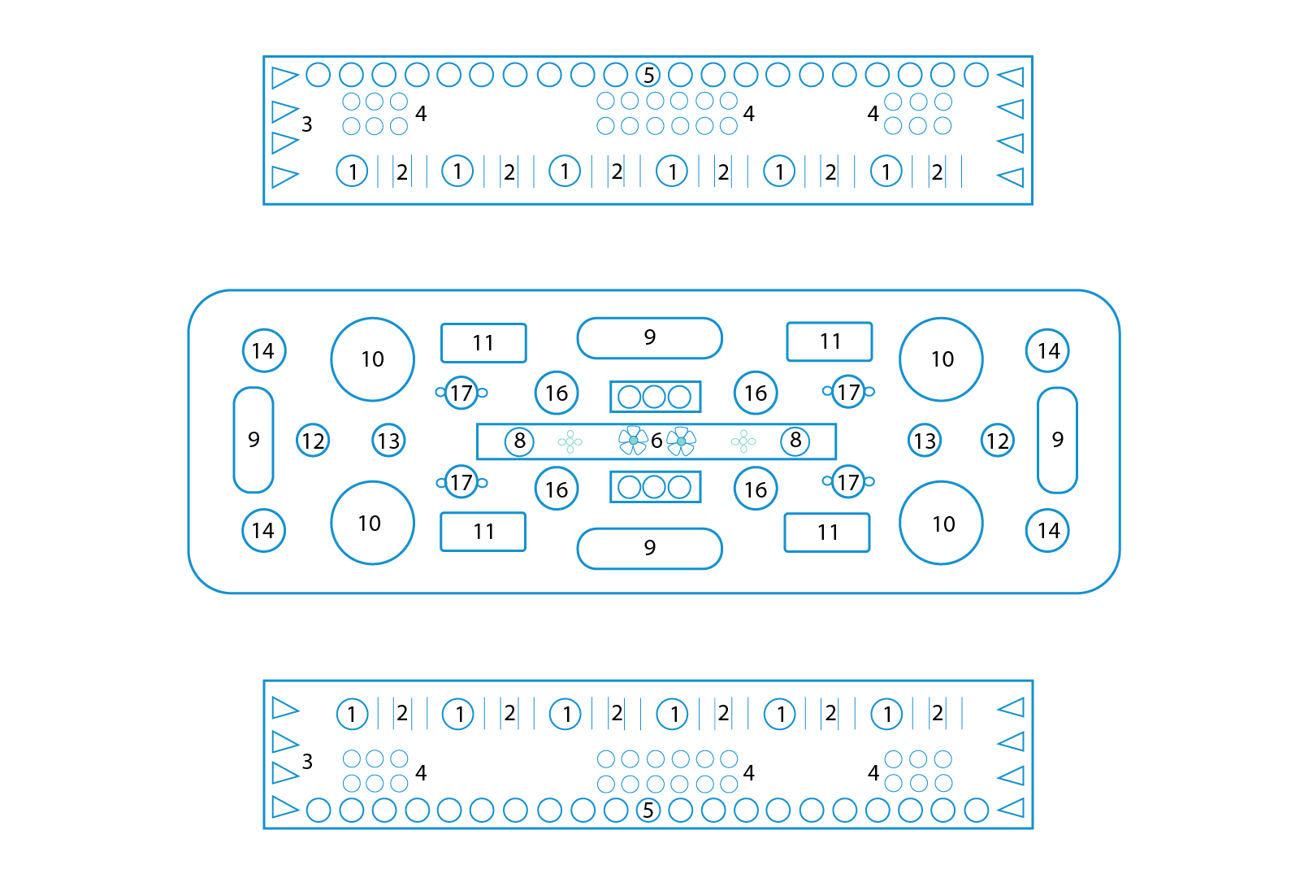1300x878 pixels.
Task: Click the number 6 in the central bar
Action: (656, 441)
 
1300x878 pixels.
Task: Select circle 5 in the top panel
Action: (648, 75)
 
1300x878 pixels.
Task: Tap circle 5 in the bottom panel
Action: (648, 810)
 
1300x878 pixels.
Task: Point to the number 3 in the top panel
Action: (307, 124)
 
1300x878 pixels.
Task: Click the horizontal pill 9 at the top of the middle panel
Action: (650, 337)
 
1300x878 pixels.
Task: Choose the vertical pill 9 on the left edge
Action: (253, 440)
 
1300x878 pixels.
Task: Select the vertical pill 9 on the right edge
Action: (1057, 440)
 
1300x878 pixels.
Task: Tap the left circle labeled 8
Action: (519, 441)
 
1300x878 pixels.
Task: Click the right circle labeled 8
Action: (795, 441)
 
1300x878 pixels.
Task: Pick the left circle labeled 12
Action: (313, 441)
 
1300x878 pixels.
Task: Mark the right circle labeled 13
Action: (925, 441)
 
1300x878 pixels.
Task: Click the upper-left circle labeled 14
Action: (263, 350)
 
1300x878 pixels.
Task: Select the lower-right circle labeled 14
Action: (1048, 531)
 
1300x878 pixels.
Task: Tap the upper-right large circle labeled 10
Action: (942, 359)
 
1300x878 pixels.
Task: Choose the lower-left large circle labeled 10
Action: (372, 523)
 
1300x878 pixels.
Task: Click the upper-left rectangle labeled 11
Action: (483, 343)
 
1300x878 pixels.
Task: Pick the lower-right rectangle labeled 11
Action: (827, 532)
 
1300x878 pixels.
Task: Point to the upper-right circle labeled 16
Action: (756, 393)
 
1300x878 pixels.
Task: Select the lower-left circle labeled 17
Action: (461, 482)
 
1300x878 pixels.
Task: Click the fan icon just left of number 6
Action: (633, 441)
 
